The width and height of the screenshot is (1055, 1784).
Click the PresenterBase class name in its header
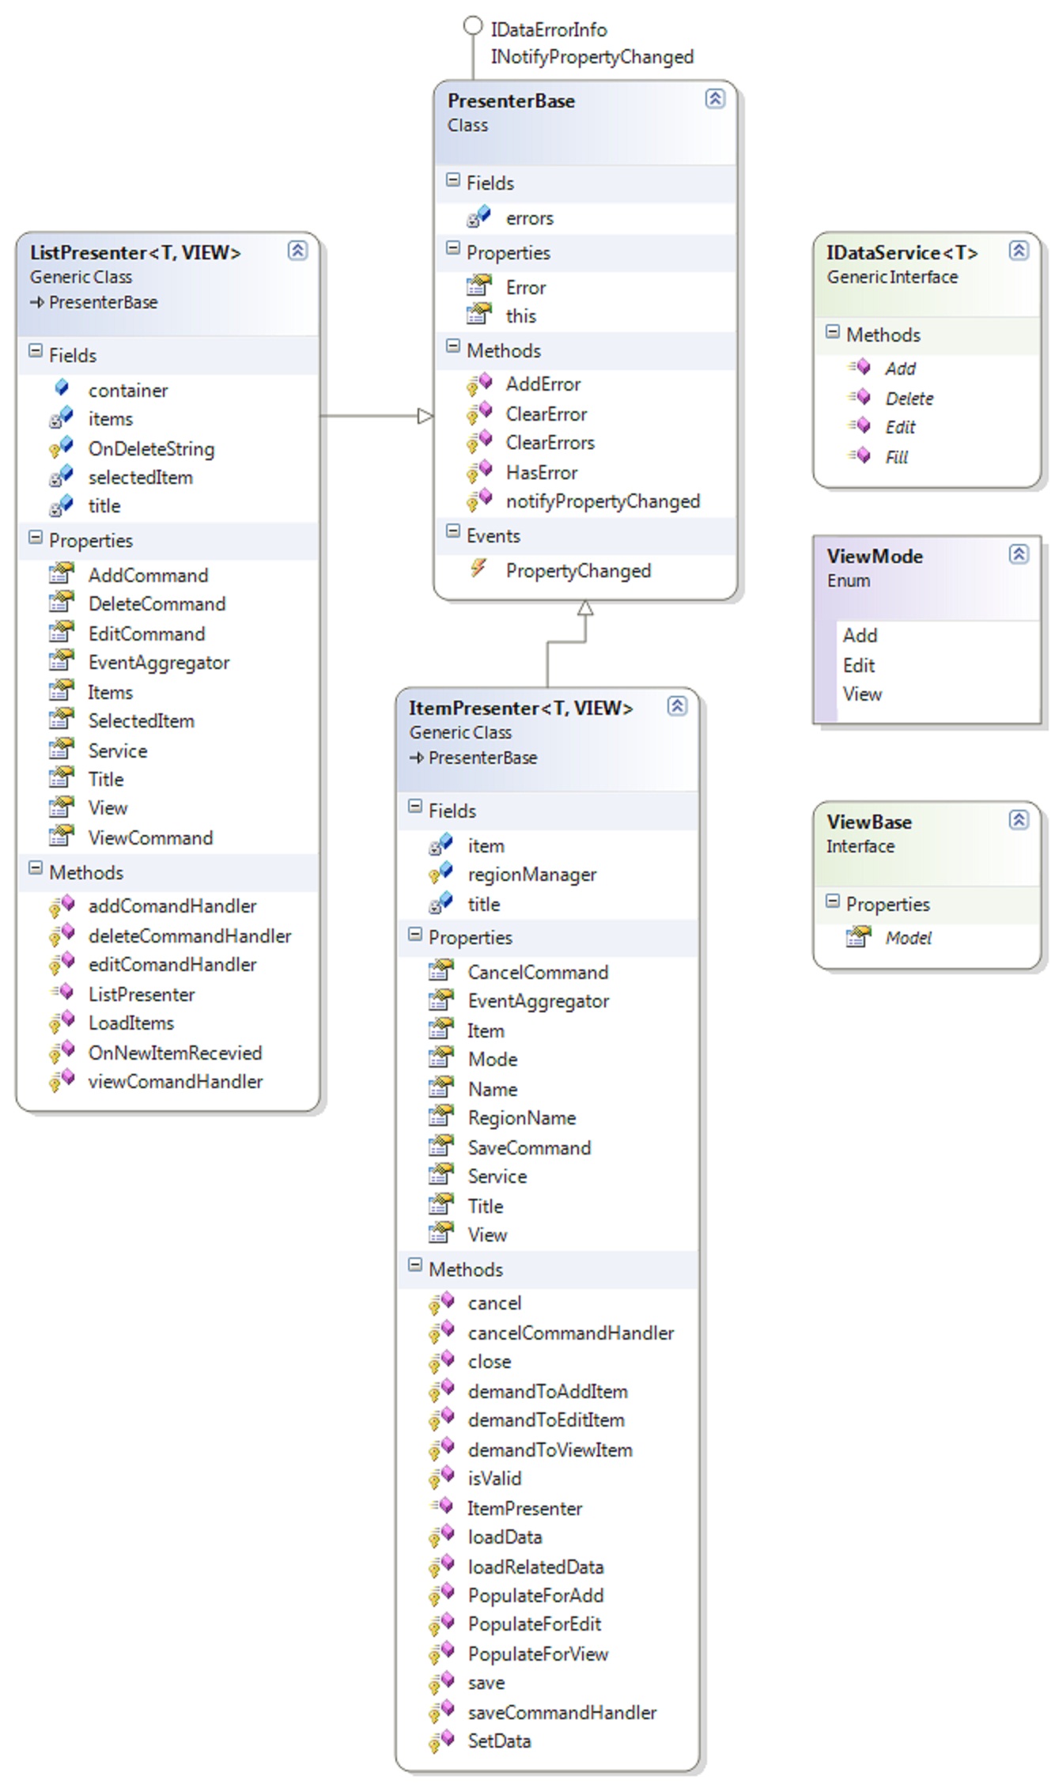pyautogui.click(x=511, y=101)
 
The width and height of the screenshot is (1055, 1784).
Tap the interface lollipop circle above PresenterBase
pyautogui.click(x=472, y=26)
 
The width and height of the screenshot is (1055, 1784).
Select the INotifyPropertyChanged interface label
pyautogui.click(x=592, y=57)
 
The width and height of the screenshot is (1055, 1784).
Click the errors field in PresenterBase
pyautogui.click(x=529, y=218)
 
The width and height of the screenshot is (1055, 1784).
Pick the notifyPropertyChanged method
pyautogui.click(x=603, y=501)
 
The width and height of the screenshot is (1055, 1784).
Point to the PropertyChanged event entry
pyautogui.click(x=578, y=571)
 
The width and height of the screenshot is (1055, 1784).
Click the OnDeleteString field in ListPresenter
pyautogui.click(x=151, y=449)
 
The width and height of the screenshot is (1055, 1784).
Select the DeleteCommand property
pyautogui.click(x=157, y=604)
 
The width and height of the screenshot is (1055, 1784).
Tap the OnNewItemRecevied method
pyautogui.click(x=175, y=1053)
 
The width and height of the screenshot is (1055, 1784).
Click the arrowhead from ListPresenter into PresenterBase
pyautogui.click(x=425, y=416)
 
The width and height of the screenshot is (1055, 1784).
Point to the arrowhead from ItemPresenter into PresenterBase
pyautogui.click(x=585, y=607)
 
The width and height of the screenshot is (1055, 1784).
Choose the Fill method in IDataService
pyautogui.click(x=897, y=457)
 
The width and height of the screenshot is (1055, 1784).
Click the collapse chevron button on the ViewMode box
pyautogui.click(x=1019, y=554)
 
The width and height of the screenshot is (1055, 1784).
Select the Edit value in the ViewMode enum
pyautogui.click(x=859, y=666)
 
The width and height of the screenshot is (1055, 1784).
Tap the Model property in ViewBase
pyautogui.click(x=908, y=938)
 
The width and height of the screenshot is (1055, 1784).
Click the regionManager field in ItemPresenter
pyautogui.click(x=532, y=875)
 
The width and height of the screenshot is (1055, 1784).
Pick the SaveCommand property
pyautogui.click(x=529, y=1148)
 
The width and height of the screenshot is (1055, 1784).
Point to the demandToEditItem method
pyautogui.click(x=546, y=1420)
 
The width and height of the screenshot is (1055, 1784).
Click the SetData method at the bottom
pyautogui.click(x=499, y=1741)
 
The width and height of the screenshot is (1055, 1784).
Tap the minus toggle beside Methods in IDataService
pyautogui.click(x=832, y=332)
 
